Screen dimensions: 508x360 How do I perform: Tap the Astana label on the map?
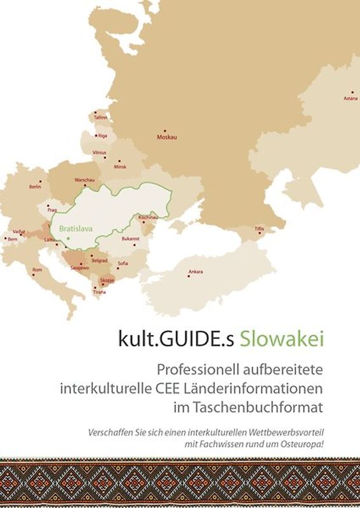350,98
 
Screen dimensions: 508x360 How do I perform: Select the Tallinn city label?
100,117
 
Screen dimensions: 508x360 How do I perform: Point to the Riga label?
103,135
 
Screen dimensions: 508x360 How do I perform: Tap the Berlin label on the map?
35,187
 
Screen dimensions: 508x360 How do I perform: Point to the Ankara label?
196,272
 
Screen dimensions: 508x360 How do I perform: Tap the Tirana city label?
100,292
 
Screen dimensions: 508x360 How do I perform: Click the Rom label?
37,270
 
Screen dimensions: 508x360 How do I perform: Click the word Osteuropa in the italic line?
302,443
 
